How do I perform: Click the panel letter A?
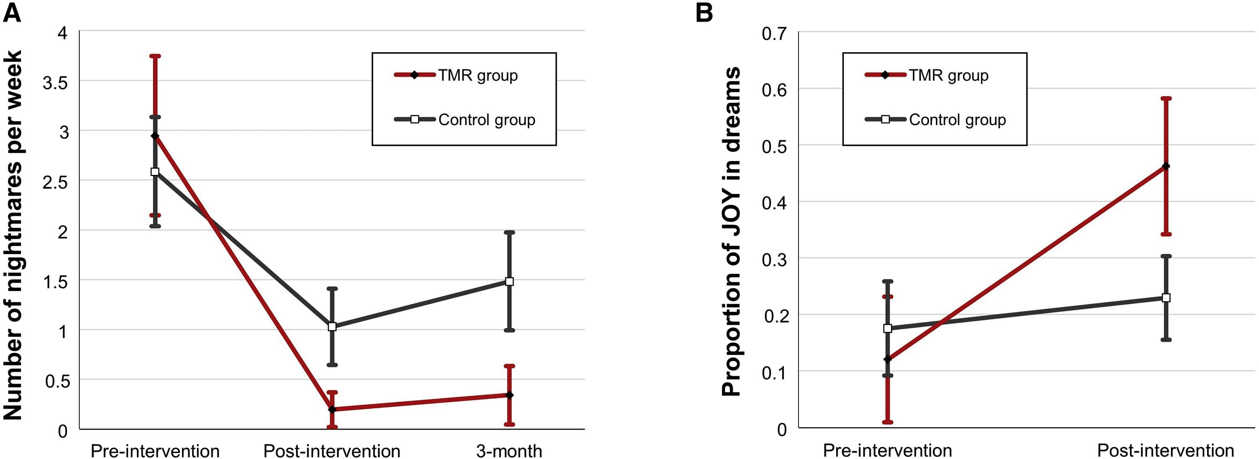12,13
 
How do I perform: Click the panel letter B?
704,13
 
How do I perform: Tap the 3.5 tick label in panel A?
55,83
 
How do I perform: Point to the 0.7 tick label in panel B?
774,34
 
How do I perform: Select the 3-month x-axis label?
509,450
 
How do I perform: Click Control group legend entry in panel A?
486,120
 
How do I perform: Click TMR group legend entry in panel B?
948,75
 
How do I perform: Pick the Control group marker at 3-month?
509,281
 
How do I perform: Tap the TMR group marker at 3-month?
509,395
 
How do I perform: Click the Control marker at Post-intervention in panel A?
332,326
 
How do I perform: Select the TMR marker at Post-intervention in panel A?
332,409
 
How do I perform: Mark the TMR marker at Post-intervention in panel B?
1166,166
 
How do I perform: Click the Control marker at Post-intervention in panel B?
1166,297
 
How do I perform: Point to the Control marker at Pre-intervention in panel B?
888,329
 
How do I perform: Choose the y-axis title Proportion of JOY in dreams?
731,232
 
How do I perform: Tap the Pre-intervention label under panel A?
155,450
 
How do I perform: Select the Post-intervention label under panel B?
1165,450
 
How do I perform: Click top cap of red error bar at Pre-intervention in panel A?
155,56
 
